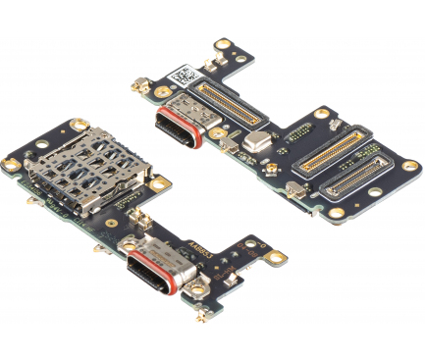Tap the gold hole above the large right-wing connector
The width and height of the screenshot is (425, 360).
pos(321,114)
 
